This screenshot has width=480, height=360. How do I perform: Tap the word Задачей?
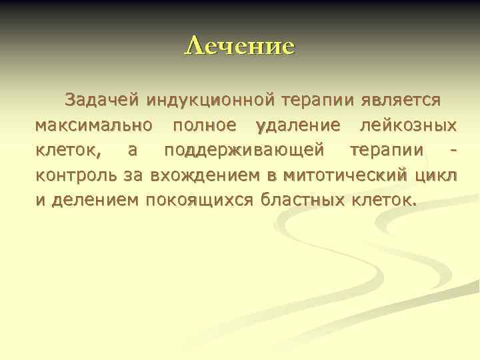coord(101,100)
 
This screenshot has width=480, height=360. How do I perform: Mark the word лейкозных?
coord(407,125)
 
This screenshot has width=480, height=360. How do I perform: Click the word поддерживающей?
coord(246,150)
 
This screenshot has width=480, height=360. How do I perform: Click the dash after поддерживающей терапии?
coord(453,151)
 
